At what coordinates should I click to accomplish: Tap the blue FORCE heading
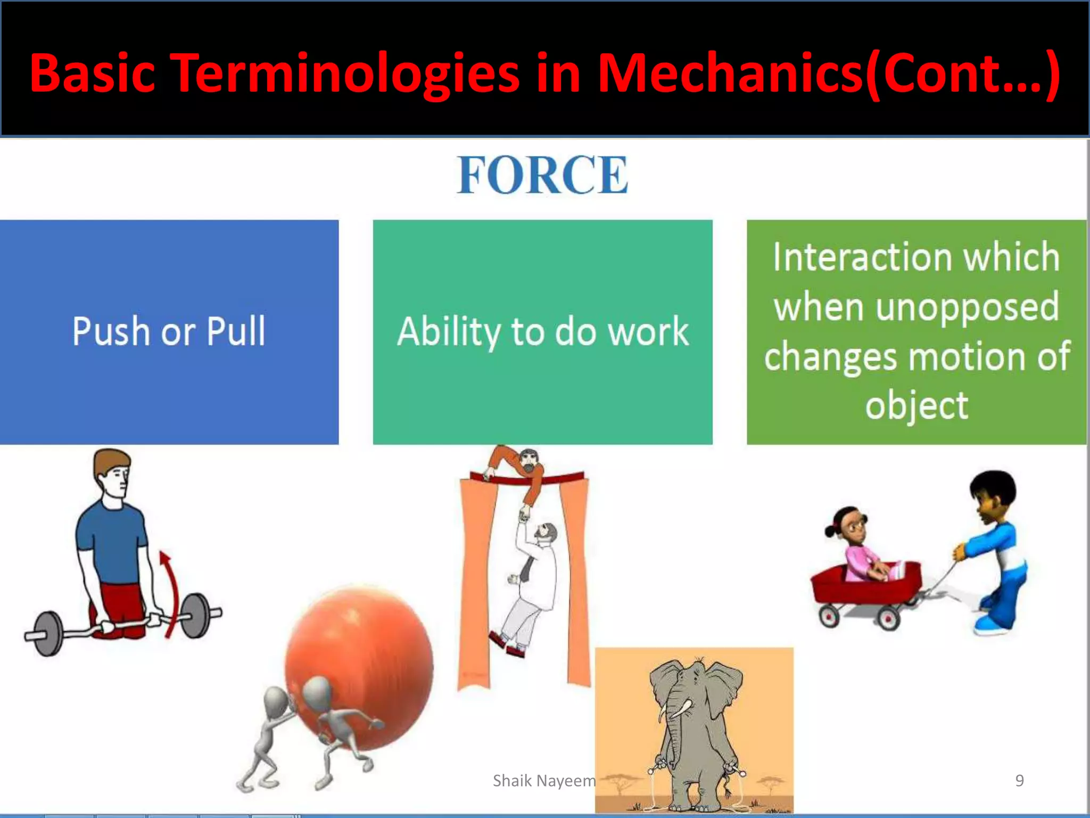(543, 175)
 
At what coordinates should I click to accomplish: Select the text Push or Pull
(169, 331)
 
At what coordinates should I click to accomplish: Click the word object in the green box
(916, 406)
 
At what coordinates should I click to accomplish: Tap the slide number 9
(1019, 780)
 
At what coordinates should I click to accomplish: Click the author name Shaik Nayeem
(544, 781)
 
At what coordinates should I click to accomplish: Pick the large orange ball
(359, 666)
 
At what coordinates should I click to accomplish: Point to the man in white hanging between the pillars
(530, 586)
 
